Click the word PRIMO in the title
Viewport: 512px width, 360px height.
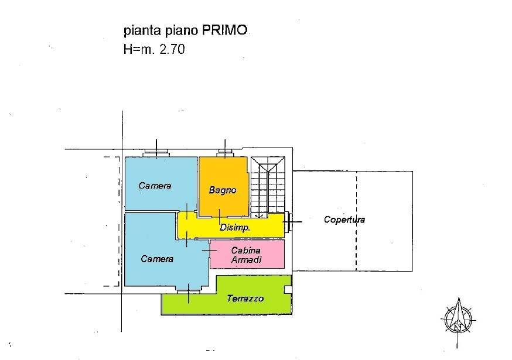tap(224, 30)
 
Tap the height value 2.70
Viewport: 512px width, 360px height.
tap(172, 49)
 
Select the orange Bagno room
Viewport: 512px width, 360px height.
tap(223, 186)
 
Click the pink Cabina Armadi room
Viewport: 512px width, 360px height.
tap(247, 254)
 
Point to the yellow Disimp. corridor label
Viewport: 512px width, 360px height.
tap(235, 227)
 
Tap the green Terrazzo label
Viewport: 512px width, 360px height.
tap(245, 299)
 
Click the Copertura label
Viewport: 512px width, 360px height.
tap(344, 220)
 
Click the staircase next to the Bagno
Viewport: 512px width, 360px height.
tap(268, 187)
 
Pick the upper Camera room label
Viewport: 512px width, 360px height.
tap(155, 186)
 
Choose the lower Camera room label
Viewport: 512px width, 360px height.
tap(157, 259)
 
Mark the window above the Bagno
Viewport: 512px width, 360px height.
tap(224, 152)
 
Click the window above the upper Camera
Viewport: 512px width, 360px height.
tap(156, 152)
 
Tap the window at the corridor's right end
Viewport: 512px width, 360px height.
tap(288, 222)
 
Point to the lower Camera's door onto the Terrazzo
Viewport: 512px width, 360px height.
tap(189, 290)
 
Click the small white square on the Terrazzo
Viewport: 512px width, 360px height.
tap(288, 290)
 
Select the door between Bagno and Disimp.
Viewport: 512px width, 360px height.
tap(220, 217)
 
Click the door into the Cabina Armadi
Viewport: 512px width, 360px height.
tap(209, 251)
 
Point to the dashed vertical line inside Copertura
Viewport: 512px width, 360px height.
tap(356, 221)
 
